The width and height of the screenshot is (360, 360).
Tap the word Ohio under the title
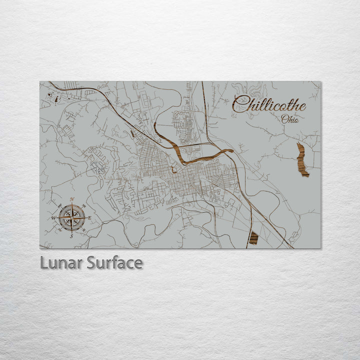(x=290, y=119)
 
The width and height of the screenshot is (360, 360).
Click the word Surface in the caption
(x=114, y=263)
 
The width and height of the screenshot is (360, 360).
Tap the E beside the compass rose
(x=90, y=217)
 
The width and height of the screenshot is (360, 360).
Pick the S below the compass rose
(x=71, y=235)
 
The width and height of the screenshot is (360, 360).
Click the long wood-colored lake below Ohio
(x=302, y=160)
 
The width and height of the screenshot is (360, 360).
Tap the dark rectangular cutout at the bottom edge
(x=253, y=238)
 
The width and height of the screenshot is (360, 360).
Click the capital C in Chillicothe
(x=239, y=104)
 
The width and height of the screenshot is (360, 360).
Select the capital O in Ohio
(x=284, y=119)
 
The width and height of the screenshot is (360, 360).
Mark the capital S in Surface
(x=91, y=263)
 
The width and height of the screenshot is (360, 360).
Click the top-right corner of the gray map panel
(x=320, y=82)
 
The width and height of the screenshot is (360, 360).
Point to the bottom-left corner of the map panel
(x=40, y=248)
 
